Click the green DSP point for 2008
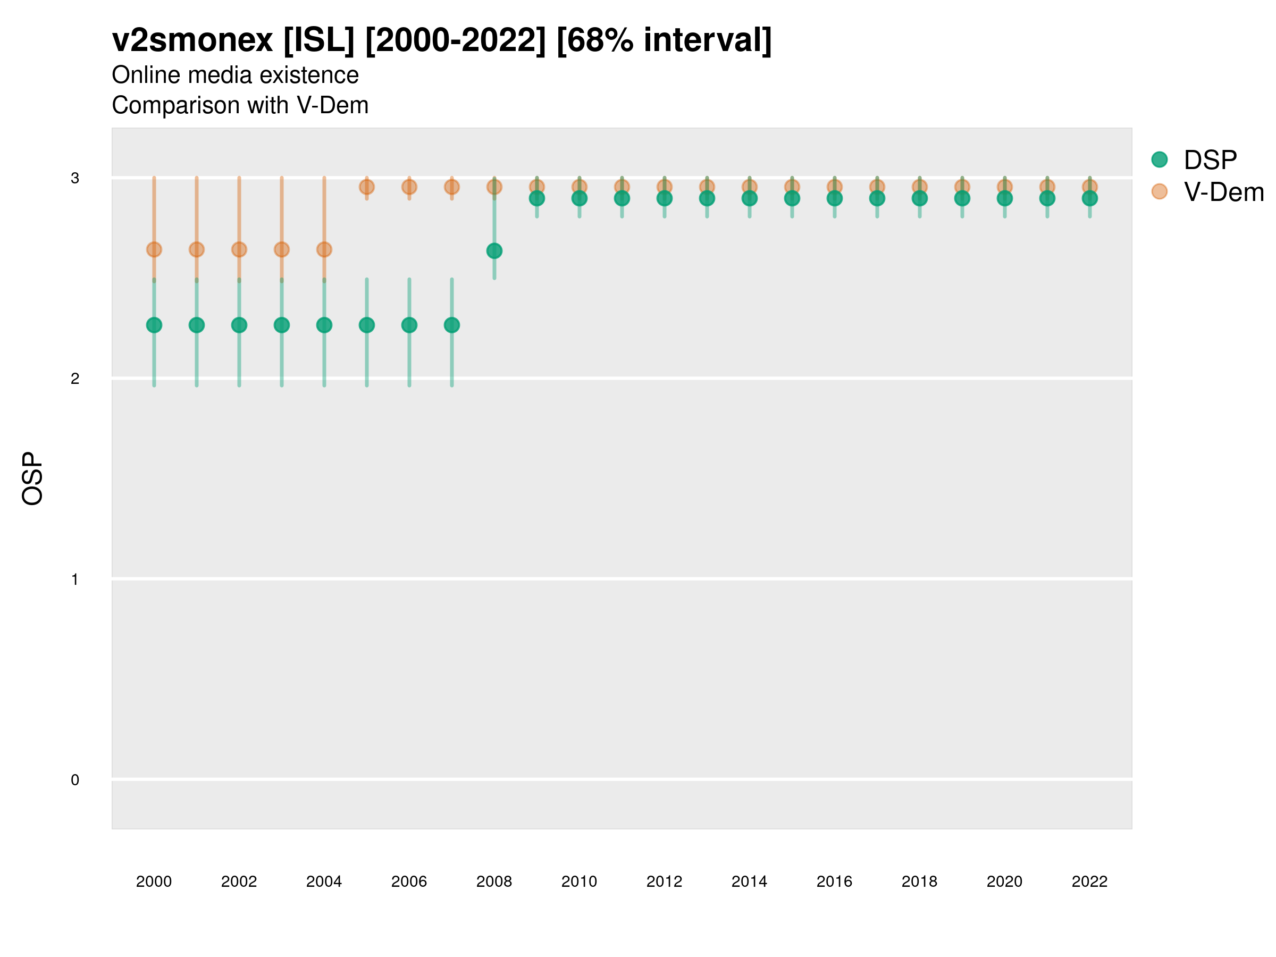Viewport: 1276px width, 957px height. pyautogui.click(x=494, y=251)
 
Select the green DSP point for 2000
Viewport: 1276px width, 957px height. pyautogui.click(x=154, y=325)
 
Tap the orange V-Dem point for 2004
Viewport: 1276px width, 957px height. pyautogui.click(x=324, y=250)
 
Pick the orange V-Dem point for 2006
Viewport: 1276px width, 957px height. pyautogui.click(x=409, y=187)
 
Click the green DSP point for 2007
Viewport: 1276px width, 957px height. pyautogui.click(x=452, y=325)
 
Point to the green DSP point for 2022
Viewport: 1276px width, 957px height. pyautogui.click(x=1090, y=198)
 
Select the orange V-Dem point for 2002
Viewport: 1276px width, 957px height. pyautogui.click(x=239, y=250)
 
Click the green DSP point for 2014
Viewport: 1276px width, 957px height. pyautogui.click(x=749, y=198)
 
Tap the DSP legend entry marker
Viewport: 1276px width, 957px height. pyautogui.click(x=1160, y=160)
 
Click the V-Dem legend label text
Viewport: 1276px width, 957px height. pyautogui.click(x=1223, y=192)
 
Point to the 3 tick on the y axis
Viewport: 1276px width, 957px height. pyautogui.click(x=75, y=178)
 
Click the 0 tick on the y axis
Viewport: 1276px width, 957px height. pyautogui.click(x=75, y=780)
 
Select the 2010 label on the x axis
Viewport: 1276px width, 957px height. pyautogui.click(x=579, y=882)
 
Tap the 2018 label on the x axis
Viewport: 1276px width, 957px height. pyautogui.click(x=919, y=882)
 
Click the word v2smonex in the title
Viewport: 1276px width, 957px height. pyautogui.click(x=192, y=40)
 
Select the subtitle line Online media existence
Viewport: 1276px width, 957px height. pyautogui.click(x=236, y=75)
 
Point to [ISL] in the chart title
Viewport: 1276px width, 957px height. pyautogui.click(x=319, y=40)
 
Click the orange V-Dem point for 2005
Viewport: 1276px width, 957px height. pyautogui.click(x=367, y=187)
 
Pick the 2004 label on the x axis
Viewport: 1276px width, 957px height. pyautogui.click(x=324, y=882)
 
